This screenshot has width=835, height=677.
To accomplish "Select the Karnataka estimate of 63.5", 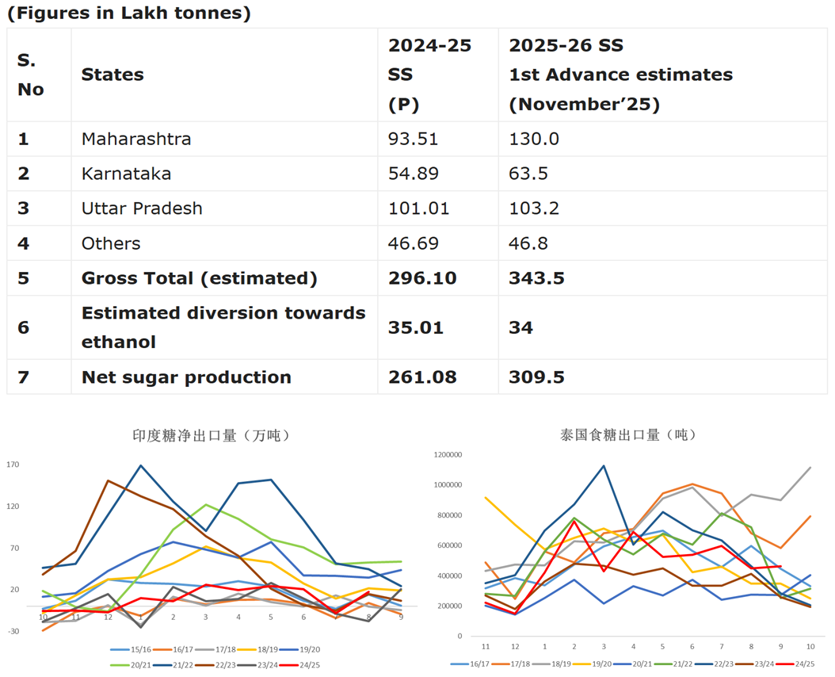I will [533, 174].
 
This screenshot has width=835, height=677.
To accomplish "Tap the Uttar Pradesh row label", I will [142, 208].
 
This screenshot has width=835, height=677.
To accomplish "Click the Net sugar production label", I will [186, 377].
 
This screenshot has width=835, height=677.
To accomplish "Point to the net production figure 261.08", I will [424, 377].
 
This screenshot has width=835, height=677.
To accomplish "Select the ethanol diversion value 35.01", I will [417, 327].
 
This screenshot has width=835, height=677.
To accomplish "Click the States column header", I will [112, 75].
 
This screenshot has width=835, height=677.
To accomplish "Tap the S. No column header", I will [31, 75].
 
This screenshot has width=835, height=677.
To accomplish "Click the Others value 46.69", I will [413, 243].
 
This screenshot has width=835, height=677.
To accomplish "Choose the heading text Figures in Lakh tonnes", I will [129, 13].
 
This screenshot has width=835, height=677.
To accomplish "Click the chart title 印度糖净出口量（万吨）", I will [211, 435].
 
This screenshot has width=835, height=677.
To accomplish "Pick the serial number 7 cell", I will [24, 377].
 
